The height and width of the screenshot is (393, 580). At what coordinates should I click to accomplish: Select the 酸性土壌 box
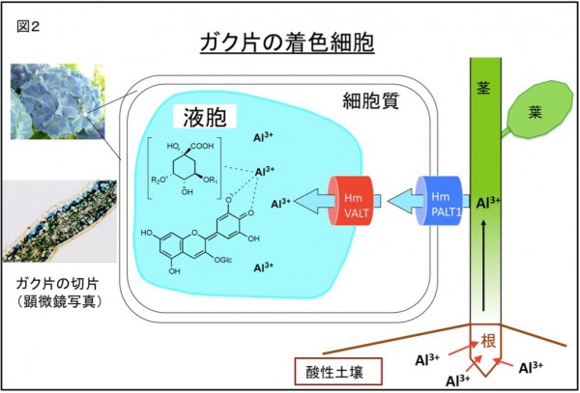[334, 371]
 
